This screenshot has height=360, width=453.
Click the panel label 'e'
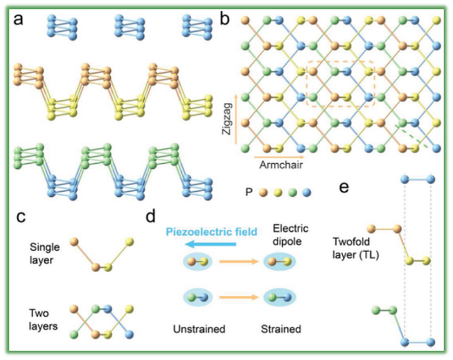pyautogui.click(x=345, y=188)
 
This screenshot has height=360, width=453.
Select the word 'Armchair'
pyautogui.click(x=281, y=165)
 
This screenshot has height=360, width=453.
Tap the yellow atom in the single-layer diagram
pyautogui.click(x=130, y=242)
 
